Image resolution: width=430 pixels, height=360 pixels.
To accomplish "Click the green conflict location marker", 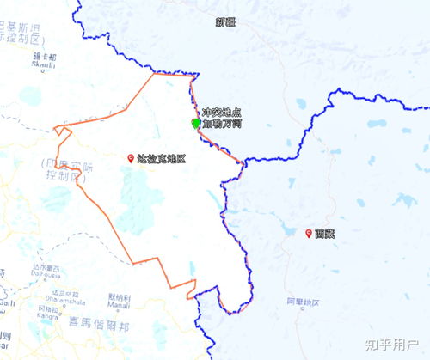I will point(196,124).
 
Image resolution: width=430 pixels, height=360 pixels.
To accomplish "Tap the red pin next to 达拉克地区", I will point(131,158).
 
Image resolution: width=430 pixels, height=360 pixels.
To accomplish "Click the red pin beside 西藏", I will point(309,233).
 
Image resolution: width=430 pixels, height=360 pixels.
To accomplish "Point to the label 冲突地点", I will point(221,113).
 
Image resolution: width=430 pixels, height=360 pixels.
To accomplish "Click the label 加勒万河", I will point(221,125).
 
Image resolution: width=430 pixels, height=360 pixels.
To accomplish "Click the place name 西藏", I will point(324,234).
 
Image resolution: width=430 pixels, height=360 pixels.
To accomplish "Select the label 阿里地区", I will point(301,302).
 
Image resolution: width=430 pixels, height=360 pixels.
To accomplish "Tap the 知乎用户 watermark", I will point(391,345).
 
